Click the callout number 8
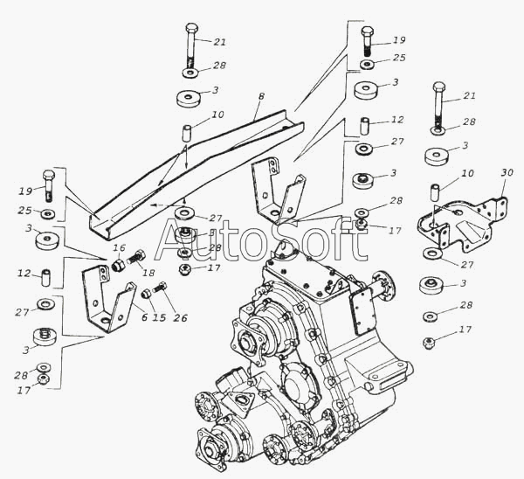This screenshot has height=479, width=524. [261, 96]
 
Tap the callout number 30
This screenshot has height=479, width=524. [507, 173]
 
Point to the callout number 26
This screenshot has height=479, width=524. [180, 317]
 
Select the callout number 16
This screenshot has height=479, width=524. [119, 248]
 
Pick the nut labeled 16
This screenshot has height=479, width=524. [118, 266]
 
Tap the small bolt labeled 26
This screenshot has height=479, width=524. [160, 288]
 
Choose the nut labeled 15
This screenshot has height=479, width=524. [145, 294]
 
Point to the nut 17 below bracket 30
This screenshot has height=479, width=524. [428, 343]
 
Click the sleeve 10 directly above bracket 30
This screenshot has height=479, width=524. [434, 191]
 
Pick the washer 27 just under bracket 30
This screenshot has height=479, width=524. [432, 253]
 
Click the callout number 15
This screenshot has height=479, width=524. [160, 317]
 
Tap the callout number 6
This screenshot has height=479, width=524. [144, 317]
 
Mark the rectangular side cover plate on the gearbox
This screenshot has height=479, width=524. [362, 311]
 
